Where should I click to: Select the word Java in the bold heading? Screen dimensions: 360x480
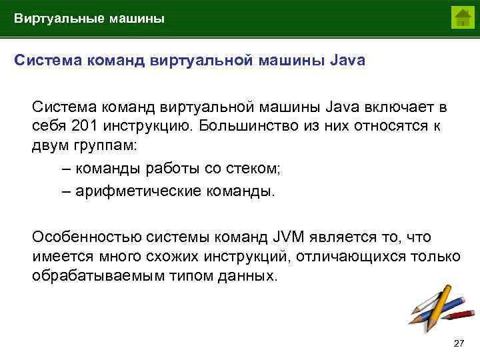(347, 61)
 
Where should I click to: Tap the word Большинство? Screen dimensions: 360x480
(247, 125)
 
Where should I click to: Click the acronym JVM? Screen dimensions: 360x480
(289, 237)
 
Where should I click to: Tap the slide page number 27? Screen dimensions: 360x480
(458, 343)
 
